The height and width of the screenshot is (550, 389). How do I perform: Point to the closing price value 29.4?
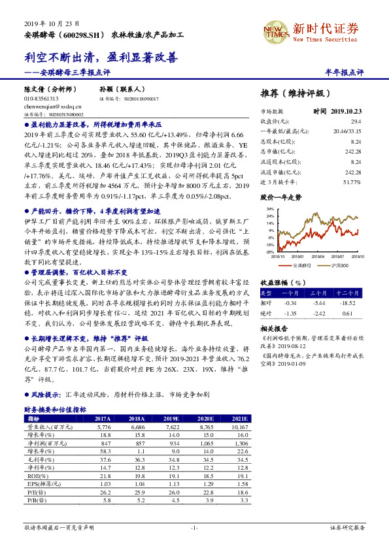pos(356,121)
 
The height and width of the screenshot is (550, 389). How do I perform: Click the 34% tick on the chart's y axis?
pos(270,209)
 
